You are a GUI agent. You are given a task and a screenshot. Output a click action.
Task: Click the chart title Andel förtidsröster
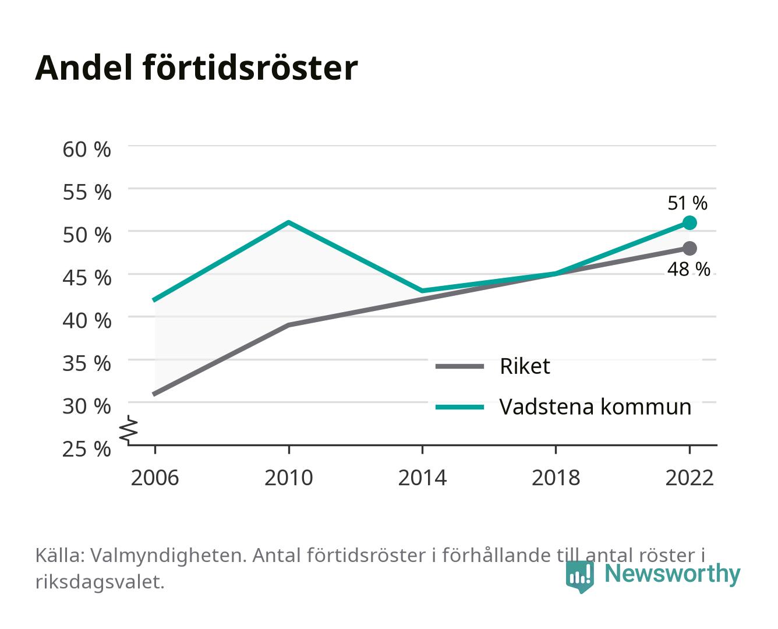click(196, 68)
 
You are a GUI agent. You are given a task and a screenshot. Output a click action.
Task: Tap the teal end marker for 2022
click(689, 222)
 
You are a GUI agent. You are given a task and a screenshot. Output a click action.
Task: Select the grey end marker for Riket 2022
click(689, 248)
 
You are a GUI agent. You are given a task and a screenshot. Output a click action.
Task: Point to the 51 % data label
click(687, 203)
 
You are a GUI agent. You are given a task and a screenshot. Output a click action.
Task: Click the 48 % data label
click(688, 269)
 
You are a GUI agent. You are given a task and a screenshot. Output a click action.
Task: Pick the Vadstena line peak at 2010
click(289, 222)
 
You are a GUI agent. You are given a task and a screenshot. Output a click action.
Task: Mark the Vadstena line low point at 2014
click(422, 291)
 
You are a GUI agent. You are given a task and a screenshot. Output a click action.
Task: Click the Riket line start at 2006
click(154, 394)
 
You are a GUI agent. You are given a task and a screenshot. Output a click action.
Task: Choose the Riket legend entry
click(493, 366)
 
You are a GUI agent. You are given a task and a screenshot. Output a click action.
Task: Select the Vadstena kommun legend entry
click(563, 407)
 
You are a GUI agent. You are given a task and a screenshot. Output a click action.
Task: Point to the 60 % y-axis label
click(87, 150)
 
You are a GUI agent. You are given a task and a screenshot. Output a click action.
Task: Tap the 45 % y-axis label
click(87, 278)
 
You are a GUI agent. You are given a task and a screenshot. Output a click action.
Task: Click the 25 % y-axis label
click(87, 449)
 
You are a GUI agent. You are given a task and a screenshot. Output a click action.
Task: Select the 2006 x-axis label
click(155, 478)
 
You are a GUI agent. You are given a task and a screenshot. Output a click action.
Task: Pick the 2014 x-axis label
click(422, 478)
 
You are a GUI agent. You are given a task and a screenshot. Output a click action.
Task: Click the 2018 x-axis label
click(556, 478)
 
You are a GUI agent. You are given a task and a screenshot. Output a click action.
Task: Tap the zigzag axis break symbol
click(129, 430)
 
